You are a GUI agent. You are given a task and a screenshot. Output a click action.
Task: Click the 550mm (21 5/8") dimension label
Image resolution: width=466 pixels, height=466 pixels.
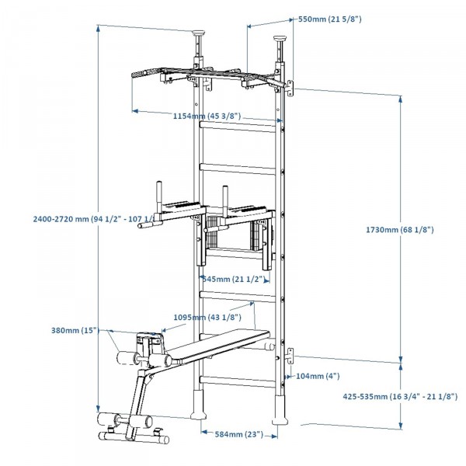click(329, 19)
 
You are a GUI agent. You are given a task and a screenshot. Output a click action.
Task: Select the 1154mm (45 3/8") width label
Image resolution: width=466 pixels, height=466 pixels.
click(207, 116)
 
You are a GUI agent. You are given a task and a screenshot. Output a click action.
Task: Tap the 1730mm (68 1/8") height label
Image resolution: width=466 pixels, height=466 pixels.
click(400, 230)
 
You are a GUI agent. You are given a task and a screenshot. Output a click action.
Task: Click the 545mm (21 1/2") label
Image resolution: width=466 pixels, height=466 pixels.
click(231, 278)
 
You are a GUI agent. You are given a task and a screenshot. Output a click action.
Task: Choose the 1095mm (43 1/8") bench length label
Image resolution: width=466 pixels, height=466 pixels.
click(209, 317)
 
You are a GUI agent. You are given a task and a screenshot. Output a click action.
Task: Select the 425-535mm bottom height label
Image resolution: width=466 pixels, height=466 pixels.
click(399, 396)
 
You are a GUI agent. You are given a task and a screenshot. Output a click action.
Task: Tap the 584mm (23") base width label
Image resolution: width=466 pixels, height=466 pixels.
click(239, 435)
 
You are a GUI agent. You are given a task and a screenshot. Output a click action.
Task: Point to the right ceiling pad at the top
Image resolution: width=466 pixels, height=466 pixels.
click(280, 37)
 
